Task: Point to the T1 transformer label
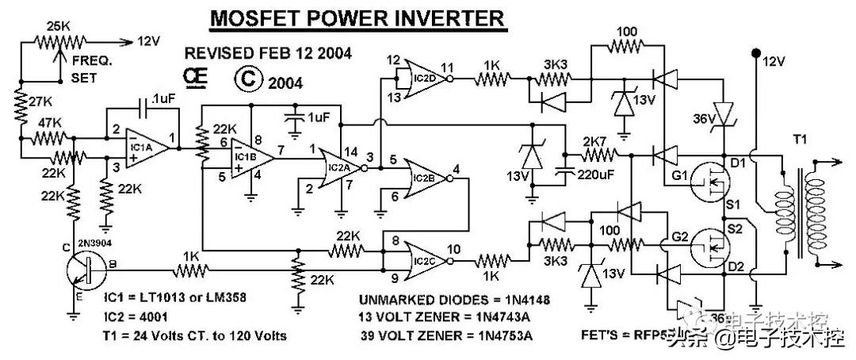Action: coord(802,139)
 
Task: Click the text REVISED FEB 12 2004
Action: coord(268,53)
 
